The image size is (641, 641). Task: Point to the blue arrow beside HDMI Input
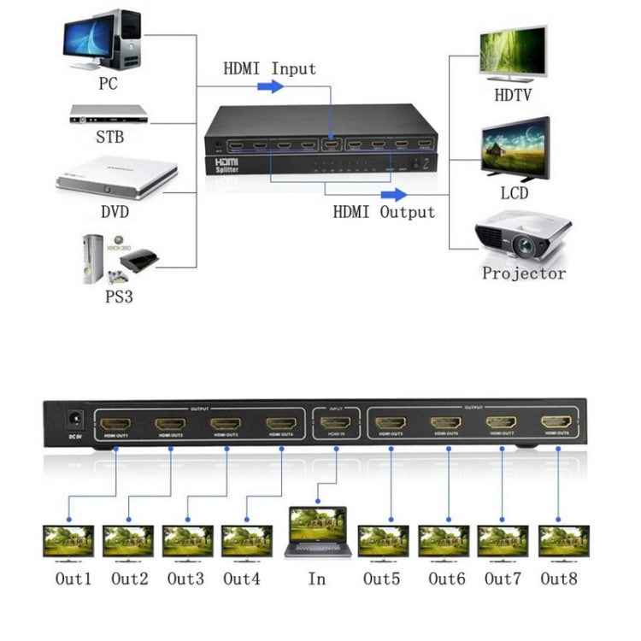(271, 87)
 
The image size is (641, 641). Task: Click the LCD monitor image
(515, 146)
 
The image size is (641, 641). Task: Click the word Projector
(524, 274)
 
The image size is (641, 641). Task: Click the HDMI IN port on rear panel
(337, 423)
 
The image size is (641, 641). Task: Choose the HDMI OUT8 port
(557, 421)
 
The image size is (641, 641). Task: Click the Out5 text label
(381, 579)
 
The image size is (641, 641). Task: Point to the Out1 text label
(74, 579)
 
